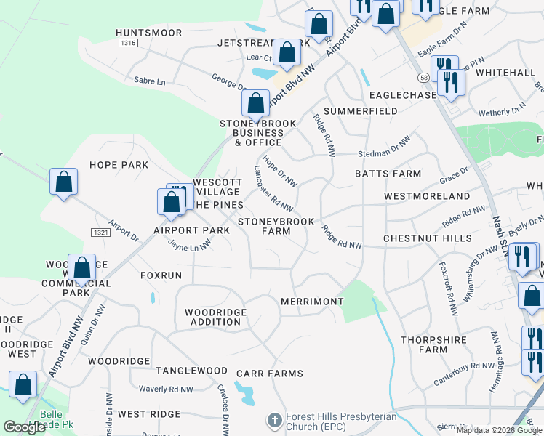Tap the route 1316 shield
pyautogui.click(x=129, y=44)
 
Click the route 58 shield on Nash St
pyautogui.click(x=423, y=76)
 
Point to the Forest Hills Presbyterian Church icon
pyautogui.click(x=274, y=421)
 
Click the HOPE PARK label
pyautogui.click(x=119, y=165)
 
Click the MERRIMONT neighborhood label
pyautogui.click(x=312, y=301)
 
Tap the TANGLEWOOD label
pyautogui.click(x=194, y=371)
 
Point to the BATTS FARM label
pyautogui.click(x=388, y=174)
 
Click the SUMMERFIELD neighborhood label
pyautogui.click(x=361, y=111)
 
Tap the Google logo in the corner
pyautogui.click(x=25, y=427)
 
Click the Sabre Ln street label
pyautogui.click(x=151, y=81)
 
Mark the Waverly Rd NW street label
pyautogui.click(x=166, y=389)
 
